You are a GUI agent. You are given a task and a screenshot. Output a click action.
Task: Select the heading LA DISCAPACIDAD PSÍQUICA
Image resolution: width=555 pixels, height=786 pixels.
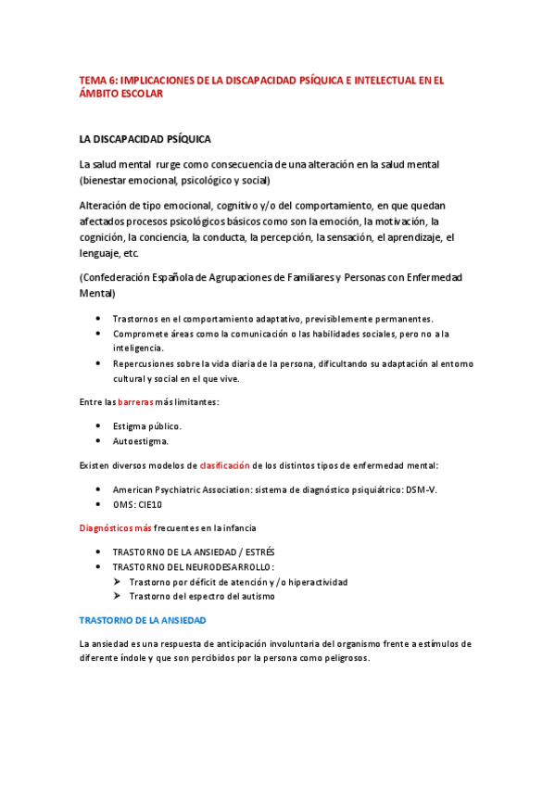pyautogui.click(x=145, y=139)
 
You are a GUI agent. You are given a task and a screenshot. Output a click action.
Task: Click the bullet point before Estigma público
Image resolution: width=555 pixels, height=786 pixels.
pyautogui.click(x=100, y=426)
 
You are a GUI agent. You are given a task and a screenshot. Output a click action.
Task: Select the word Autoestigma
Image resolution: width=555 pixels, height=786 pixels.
pyautogui.click(x=141, y=441)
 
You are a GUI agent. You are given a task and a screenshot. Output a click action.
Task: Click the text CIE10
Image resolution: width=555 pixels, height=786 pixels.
pyautogui.click(x=145, y=503)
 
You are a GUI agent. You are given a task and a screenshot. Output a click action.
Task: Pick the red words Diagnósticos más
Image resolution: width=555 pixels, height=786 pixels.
pyautogui.click(x=114, y=527)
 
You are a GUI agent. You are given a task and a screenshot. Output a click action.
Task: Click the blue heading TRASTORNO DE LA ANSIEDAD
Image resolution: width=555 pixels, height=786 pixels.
pyautogui.click(x=143, y=618)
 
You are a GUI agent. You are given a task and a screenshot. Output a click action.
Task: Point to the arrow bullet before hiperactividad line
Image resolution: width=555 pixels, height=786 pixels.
pyautogui.click(x=118, y=582)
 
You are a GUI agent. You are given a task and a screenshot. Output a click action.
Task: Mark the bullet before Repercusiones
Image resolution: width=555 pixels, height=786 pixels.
pyautogui.click(x=100, y=363)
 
